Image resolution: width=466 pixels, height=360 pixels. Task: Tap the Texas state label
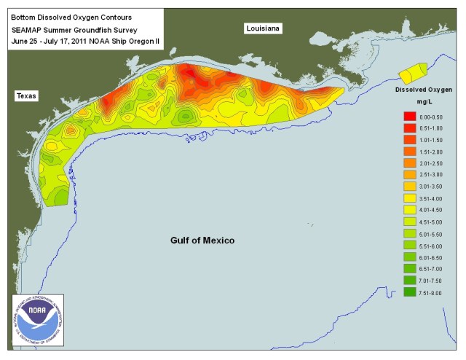click(x=27, y=95)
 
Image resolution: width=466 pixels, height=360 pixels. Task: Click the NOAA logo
click(x=37, y=321)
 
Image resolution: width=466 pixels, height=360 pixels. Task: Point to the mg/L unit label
click(x=425, y=103)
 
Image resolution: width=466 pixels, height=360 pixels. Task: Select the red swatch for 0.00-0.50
click(x=409, y=117)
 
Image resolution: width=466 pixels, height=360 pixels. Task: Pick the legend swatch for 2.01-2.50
click(x=409, y=163)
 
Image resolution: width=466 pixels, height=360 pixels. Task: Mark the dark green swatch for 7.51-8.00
click(x=409, y=291)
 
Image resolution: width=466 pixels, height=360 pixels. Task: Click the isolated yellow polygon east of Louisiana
click(x=414, y=73)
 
